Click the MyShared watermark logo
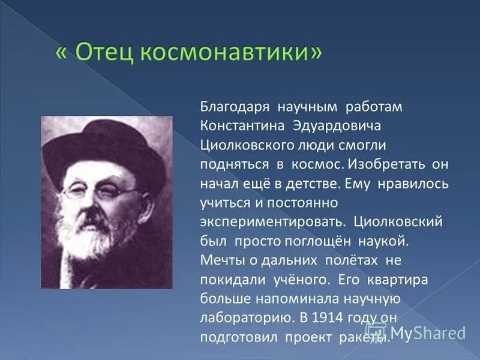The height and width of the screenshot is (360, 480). coord(420,332)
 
